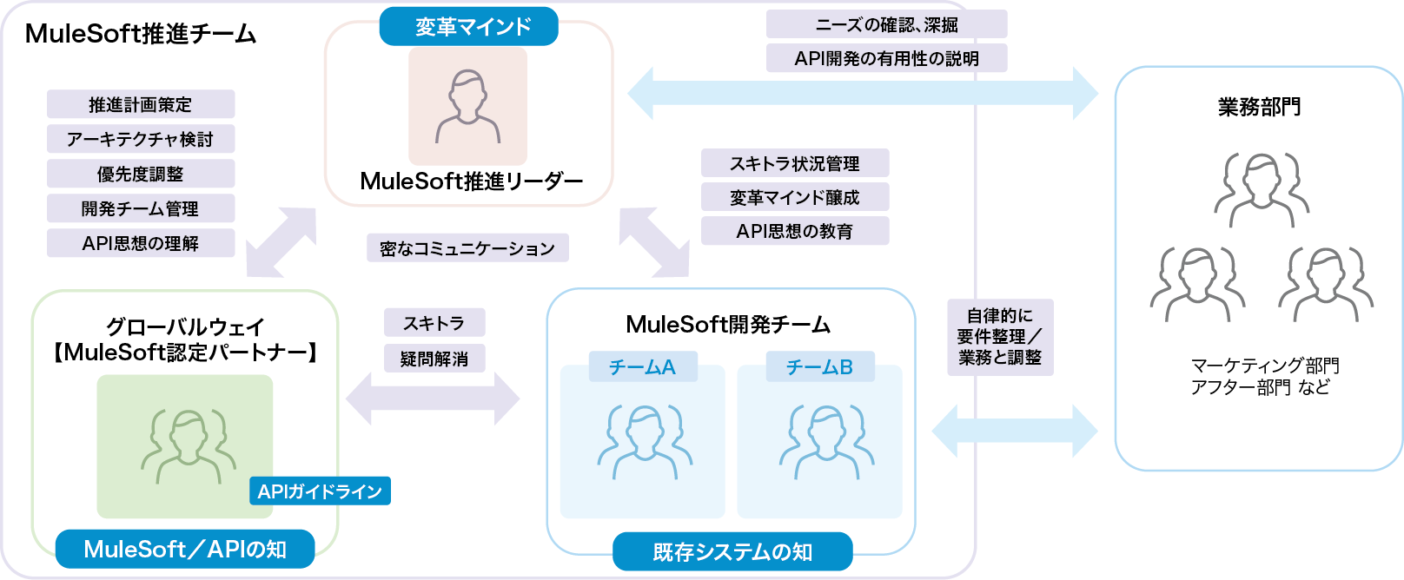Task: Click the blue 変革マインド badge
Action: [468, 27]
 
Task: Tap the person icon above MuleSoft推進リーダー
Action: [468, 106]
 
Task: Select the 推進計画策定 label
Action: [141, 104]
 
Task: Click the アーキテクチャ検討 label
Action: [141, 139]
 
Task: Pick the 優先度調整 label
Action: [141, 174]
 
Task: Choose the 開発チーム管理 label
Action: [141, 208]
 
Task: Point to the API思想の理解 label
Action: [141, 243]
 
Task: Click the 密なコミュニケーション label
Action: [467, 248]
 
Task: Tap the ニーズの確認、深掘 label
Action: [886, 24]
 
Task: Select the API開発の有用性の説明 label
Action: [886, 58]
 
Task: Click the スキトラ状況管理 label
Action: [795, 163]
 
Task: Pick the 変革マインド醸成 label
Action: [795, 197]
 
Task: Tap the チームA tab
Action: [643, 367]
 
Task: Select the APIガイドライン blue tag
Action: [320, 491]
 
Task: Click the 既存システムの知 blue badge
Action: [732, 552]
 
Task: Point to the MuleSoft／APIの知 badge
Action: [185, 550]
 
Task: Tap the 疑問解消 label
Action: [434, 359]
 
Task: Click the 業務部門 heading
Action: [1258, 107]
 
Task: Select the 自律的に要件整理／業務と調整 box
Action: [1000, 337]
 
